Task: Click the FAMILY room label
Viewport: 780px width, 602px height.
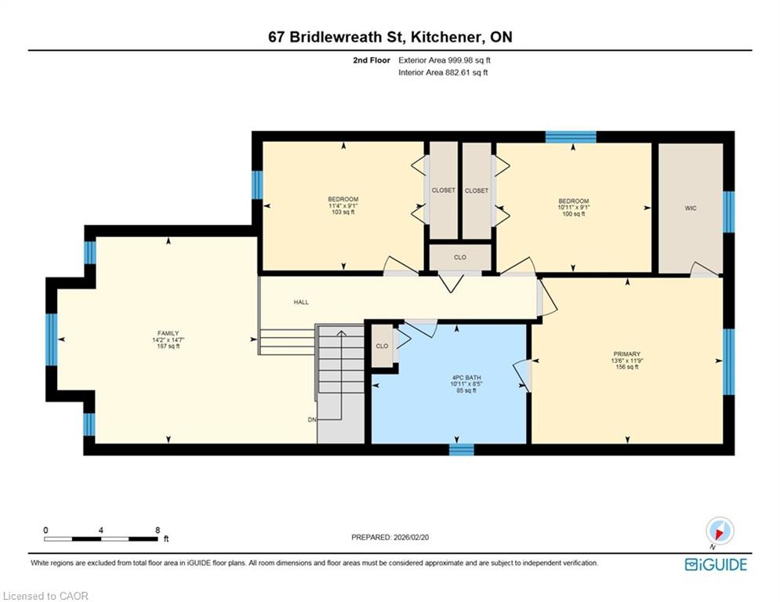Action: tap(168, 333)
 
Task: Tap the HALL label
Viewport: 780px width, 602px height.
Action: tap(301, 302)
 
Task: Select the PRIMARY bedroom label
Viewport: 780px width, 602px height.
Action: tap(627, 354)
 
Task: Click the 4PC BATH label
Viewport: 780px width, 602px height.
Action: tap(466, 378)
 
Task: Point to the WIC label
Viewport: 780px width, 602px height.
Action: tap(691, 208)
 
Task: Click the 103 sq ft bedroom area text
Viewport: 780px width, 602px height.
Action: tap(343, 212)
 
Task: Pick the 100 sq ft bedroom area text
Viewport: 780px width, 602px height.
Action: tap(574, 214)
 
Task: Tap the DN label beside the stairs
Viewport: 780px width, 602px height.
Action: tap(312, 420)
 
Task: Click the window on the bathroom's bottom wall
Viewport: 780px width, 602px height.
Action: tap(462, 449)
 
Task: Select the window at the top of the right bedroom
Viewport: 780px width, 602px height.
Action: tap(571, 137)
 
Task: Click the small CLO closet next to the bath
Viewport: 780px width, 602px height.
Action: tap(382, 346)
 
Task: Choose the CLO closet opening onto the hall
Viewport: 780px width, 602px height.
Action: tap(460, 257)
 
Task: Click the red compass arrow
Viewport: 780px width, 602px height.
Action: tap(718, 534)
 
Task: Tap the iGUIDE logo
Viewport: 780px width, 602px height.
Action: tap(716, 564)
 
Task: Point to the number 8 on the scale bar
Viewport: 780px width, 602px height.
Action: tap(158, 531)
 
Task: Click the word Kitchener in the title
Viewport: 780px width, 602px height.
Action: tap(446, 37)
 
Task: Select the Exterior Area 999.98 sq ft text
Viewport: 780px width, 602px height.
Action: tap(444, 60)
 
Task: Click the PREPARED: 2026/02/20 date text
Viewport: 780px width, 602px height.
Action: tap(390, 537)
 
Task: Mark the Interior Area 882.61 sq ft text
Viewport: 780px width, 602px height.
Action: tap(443, 73)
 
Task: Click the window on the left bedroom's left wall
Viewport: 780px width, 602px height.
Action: tap(256, 184)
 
